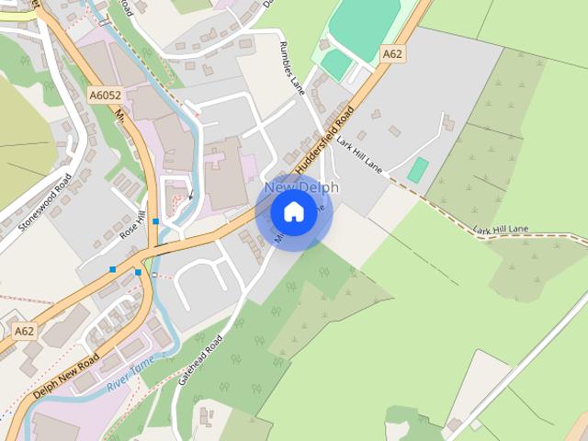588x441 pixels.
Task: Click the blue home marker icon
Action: point(293,212)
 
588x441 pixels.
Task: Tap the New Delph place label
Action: point(301,187)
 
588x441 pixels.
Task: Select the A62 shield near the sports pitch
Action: point(392,54)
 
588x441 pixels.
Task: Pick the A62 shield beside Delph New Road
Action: point(25,330)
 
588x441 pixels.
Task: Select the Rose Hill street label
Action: point(132,224)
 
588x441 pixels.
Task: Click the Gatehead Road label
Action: point(203,361)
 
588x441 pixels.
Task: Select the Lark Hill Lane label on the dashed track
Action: point(503,230)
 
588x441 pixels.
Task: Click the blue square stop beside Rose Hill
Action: point(156,221)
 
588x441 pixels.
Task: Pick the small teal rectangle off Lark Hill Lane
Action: point(418,169)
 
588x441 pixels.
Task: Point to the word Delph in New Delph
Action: point(318,187)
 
